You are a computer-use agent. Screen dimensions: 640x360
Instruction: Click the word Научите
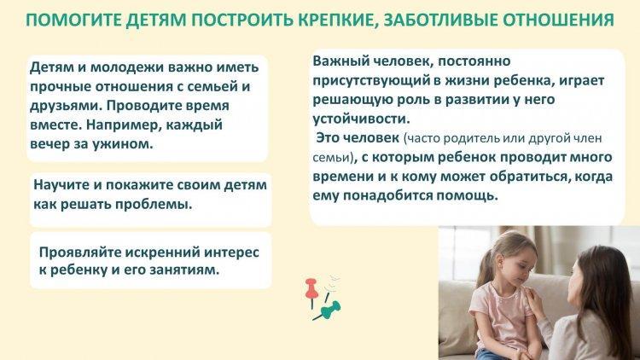point(61,185)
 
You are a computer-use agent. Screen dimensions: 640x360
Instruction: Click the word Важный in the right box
point(340,61)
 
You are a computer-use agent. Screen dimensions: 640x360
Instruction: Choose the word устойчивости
point(361,119)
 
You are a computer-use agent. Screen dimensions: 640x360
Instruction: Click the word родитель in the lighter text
point(471,138)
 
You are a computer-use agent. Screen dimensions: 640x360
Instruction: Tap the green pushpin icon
point(328,311)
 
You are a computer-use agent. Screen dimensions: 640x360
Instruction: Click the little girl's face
point(519,267)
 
